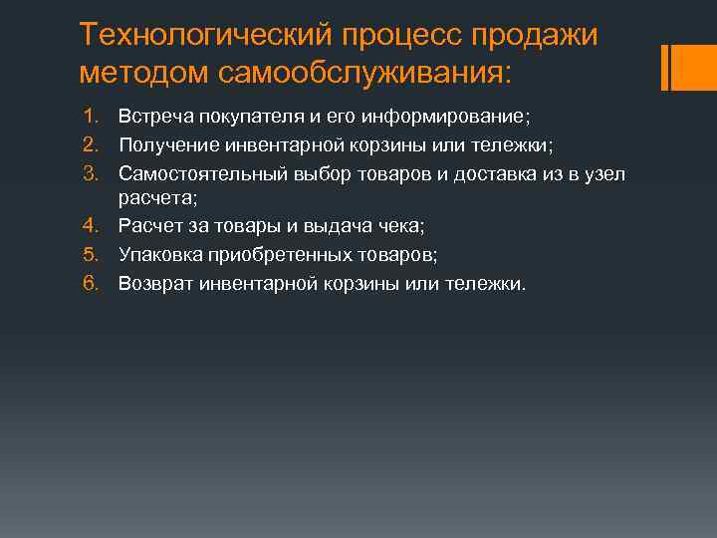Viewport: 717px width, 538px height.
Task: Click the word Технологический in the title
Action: pyautogui.click(x=204, y=36)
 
